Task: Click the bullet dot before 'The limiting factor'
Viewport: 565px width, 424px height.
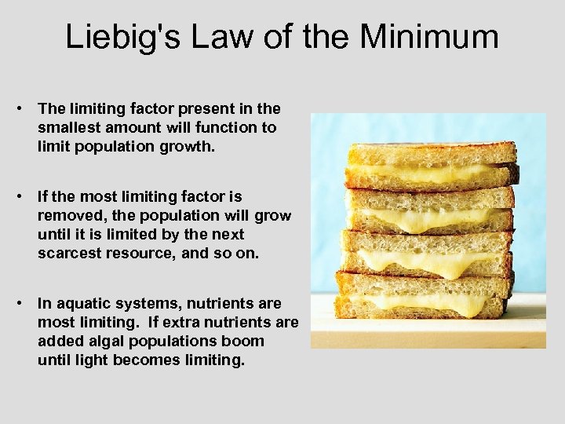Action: pos(25,108)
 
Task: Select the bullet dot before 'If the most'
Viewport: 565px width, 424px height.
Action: pos(25,196)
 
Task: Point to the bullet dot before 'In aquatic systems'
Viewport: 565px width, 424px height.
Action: pos(25,303)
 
